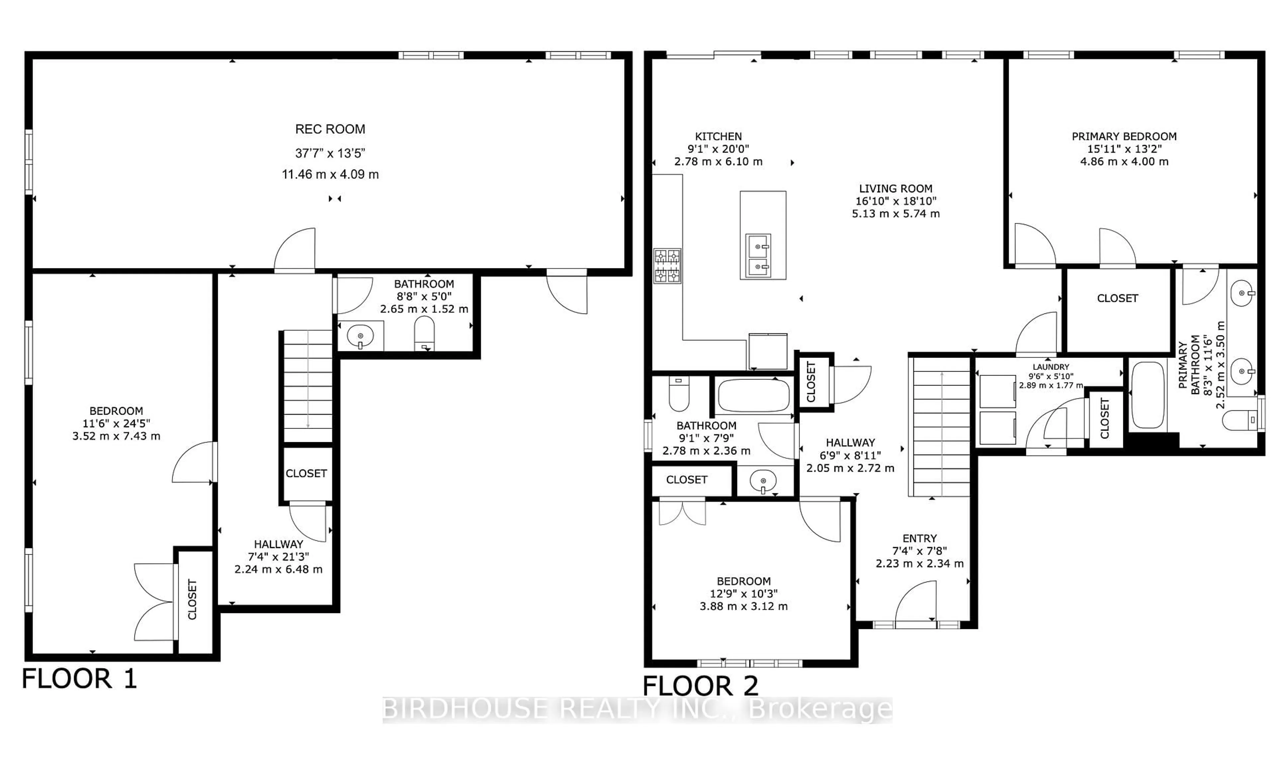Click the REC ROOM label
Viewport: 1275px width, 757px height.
point(330,129)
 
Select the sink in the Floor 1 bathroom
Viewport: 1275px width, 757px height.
point(360,336)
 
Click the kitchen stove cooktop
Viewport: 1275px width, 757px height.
point(667,266)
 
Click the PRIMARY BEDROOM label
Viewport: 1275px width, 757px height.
point(1124,137)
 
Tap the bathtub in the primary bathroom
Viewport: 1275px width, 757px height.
point(1148,394)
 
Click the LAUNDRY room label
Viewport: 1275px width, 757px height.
point(1051,367)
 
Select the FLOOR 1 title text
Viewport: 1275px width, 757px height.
point(80,679)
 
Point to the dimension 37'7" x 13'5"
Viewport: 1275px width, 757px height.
point(330,153)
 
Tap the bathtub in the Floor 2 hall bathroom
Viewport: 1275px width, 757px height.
point(753,395)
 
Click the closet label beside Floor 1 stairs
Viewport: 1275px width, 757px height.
point(306,473)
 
